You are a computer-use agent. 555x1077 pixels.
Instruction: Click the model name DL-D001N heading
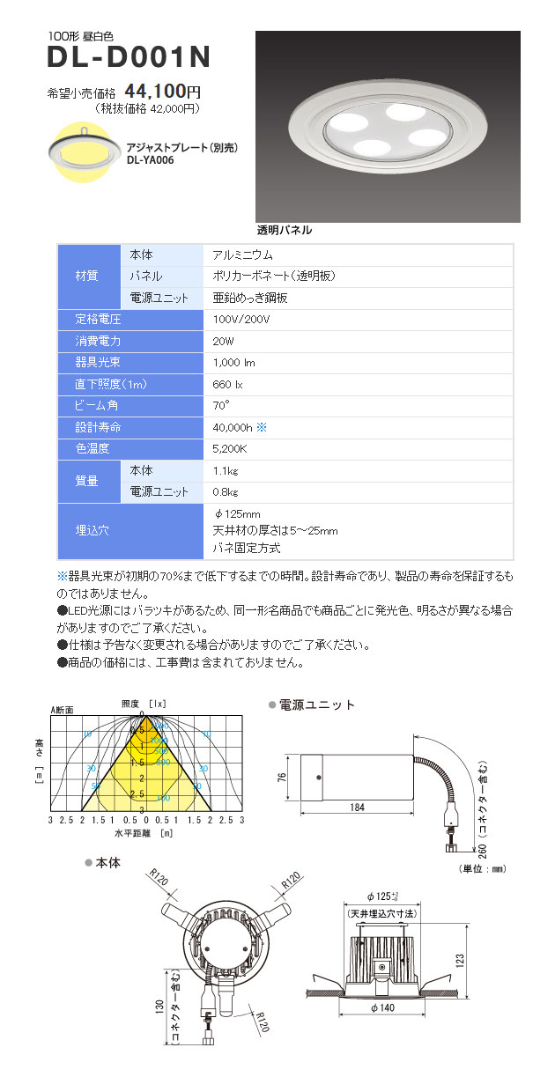coord(129,58)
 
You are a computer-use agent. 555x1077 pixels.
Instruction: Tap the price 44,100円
coord(164,91)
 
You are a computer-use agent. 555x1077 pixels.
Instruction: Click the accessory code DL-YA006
coord(150,160)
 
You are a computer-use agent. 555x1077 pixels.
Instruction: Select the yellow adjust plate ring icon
coord(82,152)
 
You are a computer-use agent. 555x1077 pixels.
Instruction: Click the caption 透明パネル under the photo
coord(284,230)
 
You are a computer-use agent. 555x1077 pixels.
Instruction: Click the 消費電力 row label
coord(99,340)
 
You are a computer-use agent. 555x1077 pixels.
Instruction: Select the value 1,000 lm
coord(233,362)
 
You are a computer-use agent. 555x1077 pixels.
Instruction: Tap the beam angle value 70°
coord(221,405)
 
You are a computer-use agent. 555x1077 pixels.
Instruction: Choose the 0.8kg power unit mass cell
coord(226,491)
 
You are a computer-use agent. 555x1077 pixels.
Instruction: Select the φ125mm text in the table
coord(237,514)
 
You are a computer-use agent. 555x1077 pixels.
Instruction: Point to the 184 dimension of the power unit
coord(357,808)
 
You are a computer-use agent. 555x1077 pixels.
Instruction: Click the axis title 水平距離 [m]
coord(143,831)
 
